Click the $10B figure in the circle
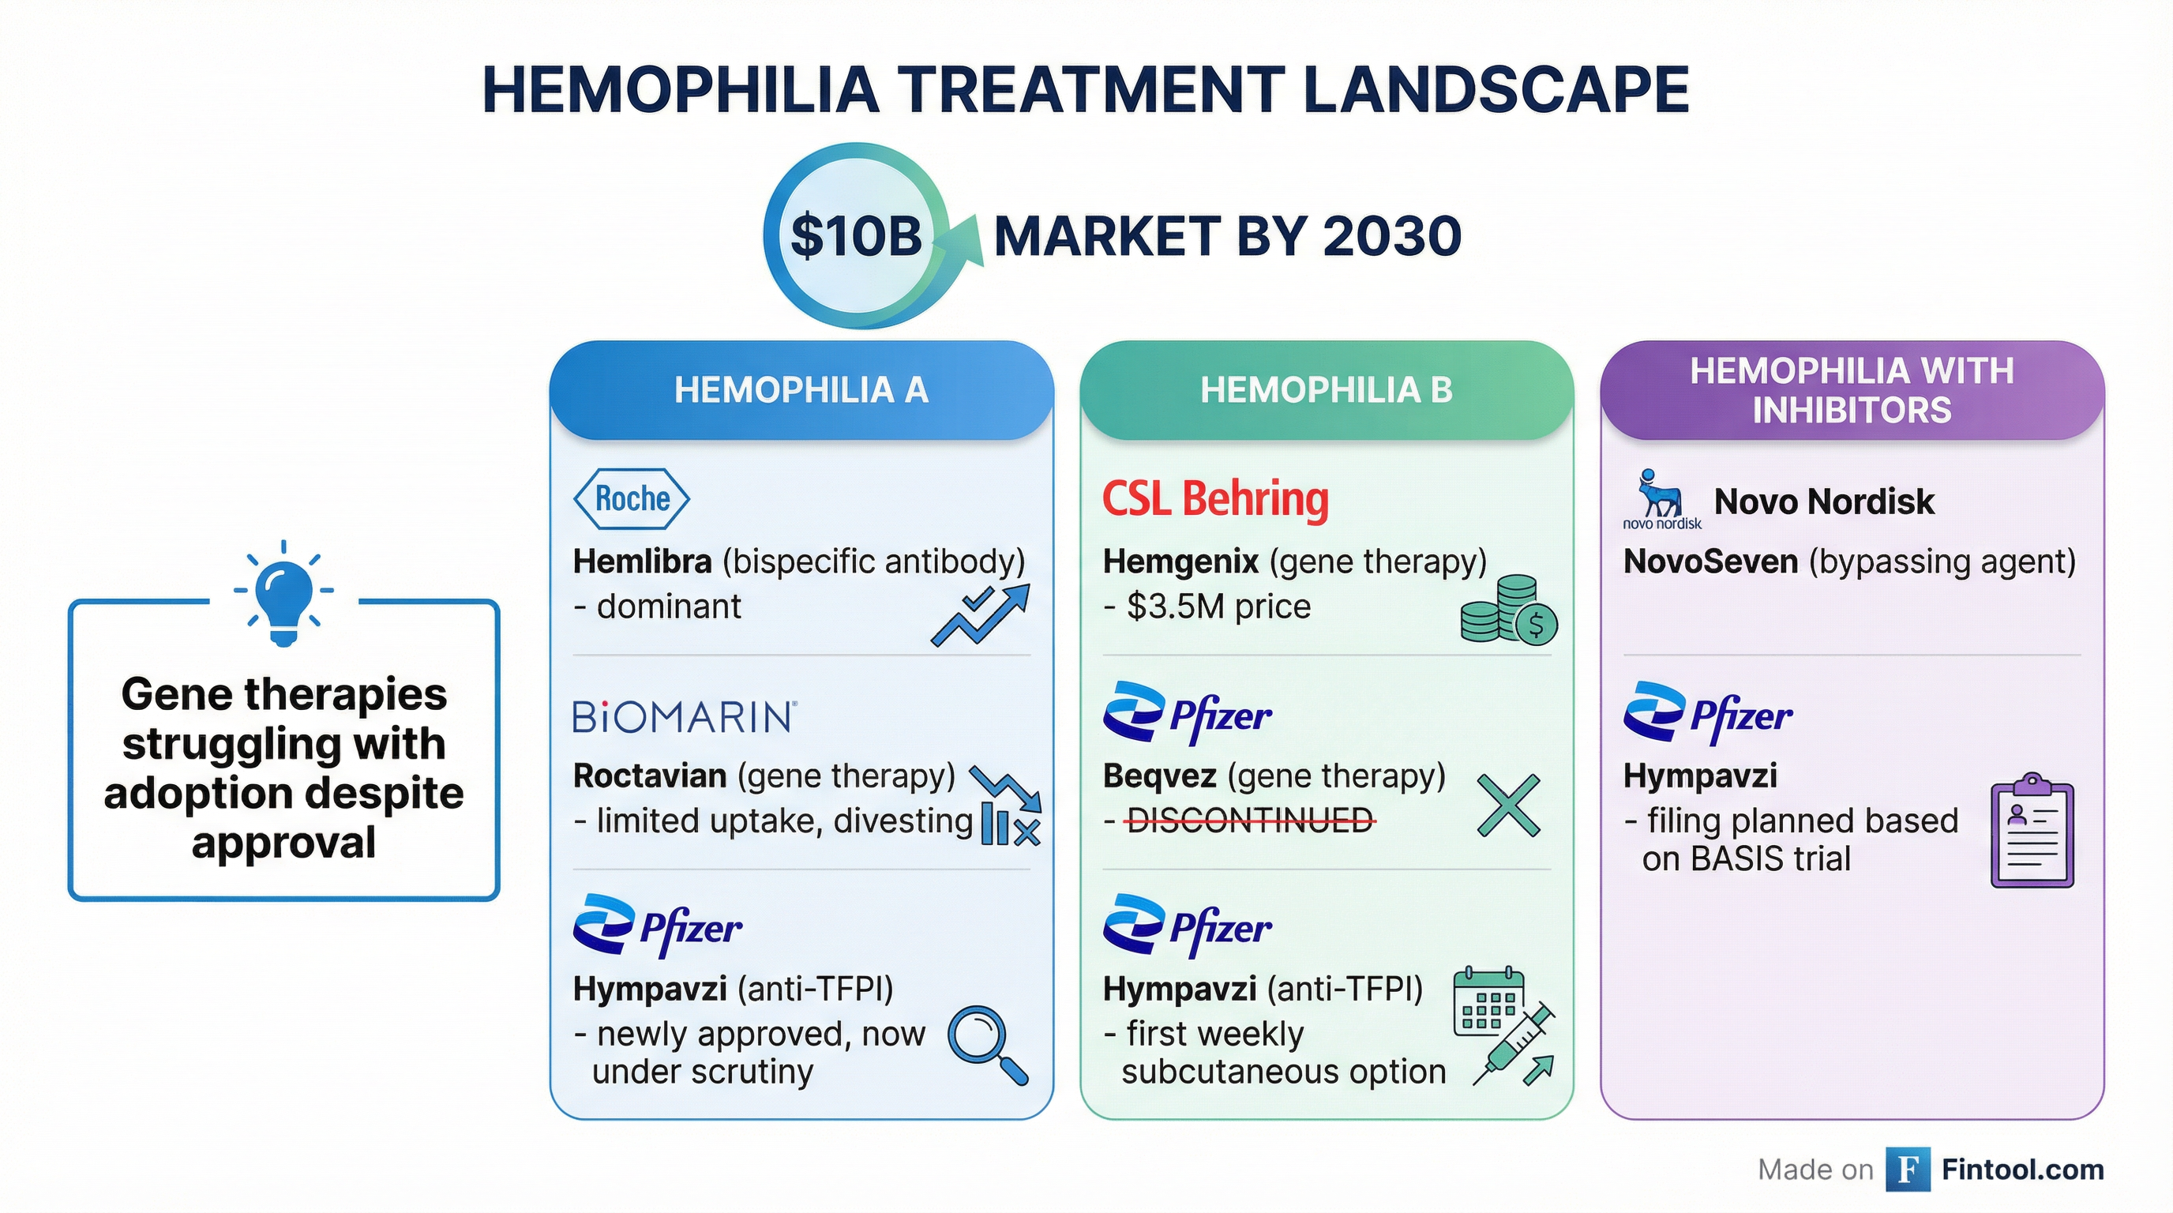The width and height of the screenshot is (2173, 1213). tap(856, 235)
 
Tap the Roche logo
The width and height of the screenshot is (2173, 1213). tap(632, 498)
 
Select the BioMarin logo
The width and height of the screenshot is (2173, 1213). tap(684, 717)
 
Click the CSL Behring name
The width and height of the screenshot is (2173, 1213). tap(1215, 498)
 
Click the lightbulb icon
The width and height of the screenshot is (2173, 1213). tap(283, 593)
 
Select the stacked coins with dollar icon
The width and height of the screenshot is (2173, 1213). tap(1509, 610)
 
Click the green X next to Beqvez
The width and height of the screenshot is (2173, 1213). tap(1509, 806)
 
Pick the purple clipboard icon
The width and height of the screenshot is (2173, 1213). tap(2032, 830)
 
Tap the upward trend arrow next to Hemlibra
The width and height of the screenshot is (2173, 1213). tap(981, 616)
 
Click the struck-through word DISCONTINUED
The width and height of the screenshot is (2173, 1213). tap(1250, 820)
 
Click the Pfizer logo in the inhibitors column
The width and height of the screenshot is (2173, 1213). tap(1708, 714)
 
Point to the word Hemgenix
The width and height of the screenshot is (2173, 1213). tap(1181, 561)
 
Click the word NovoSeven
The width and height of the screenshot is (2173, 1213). tap(1711, 561)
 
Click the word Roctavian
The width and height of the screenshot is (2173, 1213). tap(650, 775)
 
